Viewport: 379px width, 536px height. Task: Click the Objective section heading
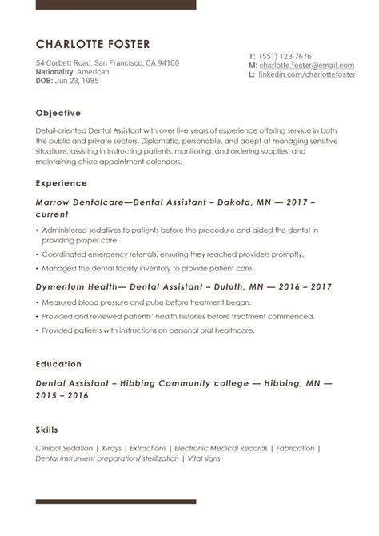58,113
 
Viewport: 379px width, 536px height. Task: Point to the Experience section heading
62,183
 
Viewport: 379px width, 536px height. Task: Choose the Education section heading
58,364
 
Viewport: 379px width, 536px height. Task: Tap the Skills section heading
46,430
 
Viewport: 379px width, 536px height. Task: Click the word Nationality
54,72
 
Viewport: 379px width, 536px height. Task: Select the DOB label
44,81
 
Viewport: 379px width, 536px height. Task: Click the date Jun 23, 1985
79,81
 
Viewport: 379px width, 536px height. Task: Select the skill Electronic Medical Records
220,449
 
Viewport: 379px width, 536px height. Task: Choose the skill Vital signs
203,458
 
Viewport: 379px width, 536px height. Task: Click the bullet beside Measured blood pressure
38,303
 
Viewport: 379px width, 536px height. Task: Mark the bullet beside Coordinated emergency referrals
38,256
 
